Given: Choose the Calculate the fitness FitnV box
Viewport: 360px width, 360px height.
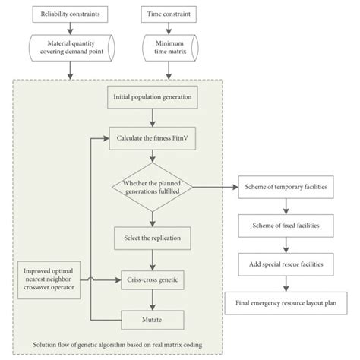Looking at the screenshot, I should coord(153,139).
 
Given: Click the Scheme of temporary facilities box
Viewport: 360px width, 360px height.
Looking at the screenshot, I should coord(285,186).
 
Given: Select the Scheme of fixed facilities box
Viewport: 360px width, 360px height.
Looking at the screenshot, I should coord(285,226).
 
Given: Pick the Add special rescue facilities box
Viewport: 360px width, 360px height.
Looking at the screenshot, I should coord(285,264).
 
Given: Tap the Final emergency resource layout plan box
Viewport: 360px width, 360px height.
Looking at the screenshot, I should coord(285,304).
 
